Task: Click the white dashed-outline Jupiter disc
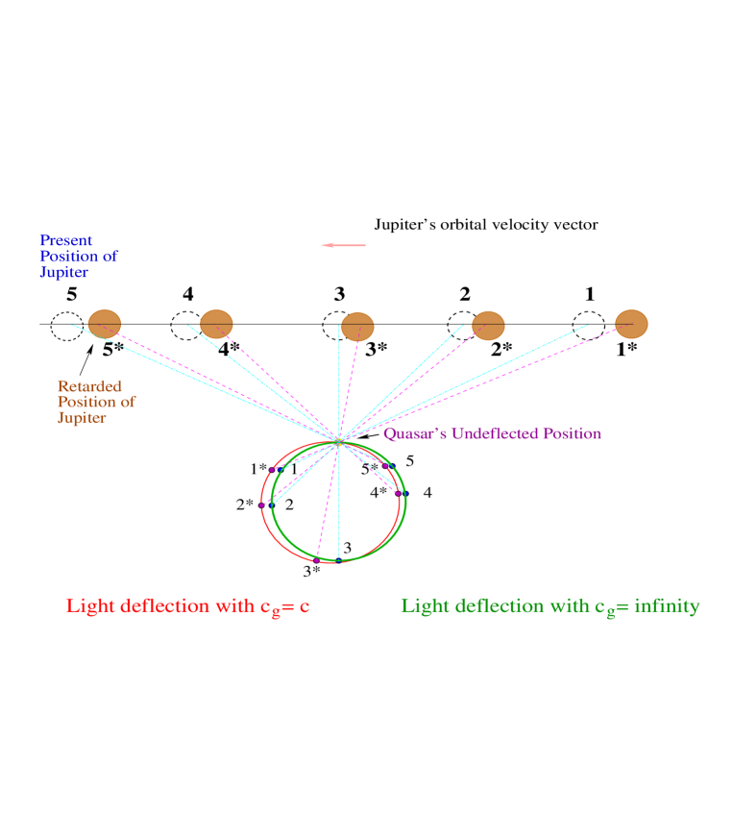(x=67, y=326)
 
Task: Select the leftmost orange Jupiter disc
(x=105, y=324)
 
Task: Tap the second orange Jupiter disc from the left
(x=216, y=324)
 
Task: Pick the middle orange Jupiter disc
(x=357, y=327)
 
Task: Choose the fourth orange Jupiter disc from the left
(x=488, y=326)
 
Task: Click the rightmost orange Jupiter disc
(x=631, y=324)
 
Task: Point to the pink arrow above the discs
(x=343, y=245)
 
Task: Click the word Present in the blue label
(x=66, y=240)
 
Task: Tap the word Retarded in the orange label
(x=89, y=386)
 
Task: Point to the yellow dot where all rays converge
(x=339, y=442)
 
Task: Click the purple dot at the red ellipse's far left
(x=261, y=504)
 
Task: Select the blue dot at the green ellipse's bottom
(x=339, y=558)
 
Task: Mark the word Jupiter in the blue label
(x=64, y=273)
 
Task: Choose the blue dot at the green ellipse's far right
(x=404, y=493)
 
